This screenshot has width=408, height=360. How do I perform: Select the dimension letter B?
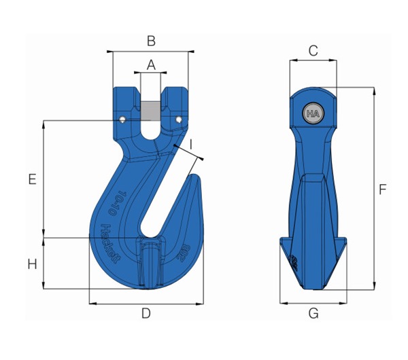tap(151, 41)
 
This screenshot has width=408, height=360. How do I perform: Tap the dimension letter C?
tap(313, 50)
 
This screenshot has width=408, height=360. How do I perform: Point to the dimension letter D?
tap(146, 313)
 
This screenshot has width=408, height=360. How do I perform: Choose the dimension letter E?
tap(32, 179)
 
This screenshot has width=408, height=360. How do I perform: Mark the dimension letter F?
tap(383, 190)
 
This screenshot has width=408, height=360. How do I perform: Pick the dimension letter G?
tap(313, 313)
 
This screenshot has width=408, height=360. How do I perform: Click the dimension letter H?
tap(32, 264)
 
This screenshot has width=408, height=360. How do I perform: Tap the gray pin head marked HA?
tap(313, 113)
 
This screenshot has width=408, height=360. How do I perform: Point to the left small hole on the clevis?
tap(122, 120)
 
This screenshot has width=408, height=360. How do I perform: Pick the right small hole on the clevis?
tap(180, 120)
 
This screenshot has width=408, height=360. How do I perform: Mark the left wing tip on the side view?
tap(282, 242)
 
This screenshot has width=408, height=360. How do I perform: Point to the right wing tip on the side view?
tap(345, 242)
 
